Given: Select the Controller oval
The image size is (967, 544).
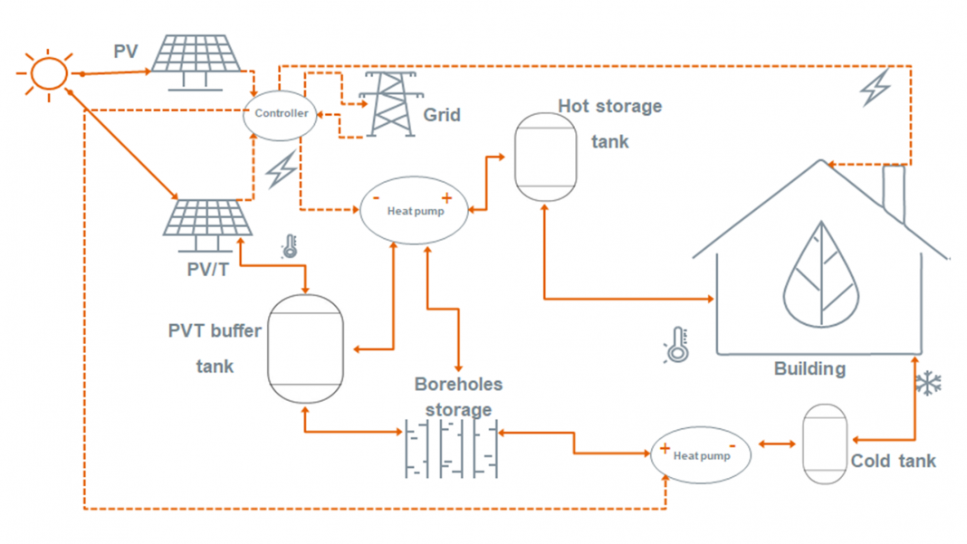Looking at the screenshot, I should click(281, 114).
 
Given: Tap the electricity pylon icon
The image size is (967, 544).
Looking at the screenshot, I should click(389, 101).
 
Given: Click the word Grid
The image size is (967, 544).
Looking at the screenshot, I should click(442, 115).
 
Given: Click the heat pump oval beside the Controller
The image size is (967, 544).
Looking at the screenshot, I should click(415, 210).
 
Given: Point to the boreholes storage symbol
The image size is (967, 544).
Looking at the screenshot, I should click(450, 448).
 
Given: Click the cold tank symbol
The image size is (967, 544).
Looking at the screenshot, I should click(825, 444).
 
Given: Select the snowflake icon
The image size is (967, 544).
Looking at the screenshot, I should click(928, 384).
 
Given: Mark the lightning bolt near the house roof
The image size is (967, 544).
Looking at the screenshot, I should click(875, 86).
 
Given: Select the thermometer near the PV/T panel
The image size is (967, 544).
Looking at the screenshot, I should click(290, 246).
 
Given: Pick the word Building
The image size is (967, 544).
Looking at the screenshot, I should click(809, 369).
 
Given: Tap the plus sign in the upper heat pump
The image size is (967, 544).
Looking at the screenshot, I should click(446, 197).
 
